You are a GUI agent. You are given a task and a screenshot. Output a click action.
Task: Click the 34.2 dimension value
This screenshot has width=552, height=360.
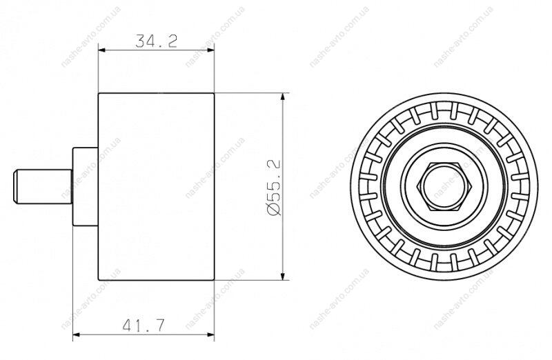[x=156, y=41]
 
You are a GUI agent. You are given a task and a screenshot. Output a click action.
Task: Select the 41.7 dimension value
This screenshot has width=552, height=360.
[x=144, y=326]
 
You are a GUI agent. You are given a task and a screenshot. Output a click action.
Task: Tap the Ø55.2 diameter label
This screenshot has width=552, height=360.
[x=274, y=187]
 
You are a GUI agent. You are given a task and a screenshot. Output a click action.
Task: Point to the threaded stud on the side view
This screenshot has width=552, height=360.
[x=43, y=186]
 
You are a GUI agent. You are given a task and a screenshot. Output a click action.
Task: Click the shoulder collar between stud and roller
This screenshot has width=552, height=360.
[x=85, y=186]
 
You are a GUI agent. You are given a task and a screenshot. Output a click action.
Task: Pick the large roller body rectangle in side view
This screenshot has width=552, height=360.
[x=156, y=187]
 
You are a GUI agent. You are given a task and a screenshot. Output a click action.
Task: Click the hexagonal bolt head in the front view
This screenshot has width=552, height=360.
[x=444, y=187]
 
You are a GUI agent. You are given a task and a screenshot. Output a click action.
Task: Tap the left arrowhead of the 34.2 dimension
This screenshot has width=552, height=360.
[x=101, y=50]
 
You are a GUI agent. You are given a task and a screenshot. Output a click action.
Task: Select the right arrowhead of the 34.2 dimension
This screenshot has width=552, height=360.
[x=210, y=50]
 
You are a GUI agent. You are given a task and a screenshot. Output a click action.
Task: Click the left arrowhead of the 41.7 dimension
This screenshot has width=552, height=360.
[x=77, y=334]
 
